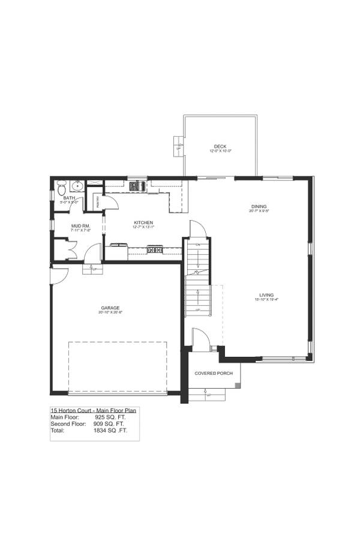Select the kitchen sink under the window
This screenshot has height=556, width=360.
(x=137, y=186)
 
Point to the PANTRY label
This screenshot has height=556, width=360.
(x=97, y=201)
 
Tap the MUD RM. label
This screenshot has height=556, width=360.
(x=80, y=226)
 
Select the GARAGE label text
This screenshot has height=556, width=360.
(x=110, y=308)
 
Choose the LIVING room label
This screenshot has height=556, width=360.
(x=263, y=295)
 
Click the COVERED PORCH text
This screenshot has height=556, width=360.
(x=213, y=373)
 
